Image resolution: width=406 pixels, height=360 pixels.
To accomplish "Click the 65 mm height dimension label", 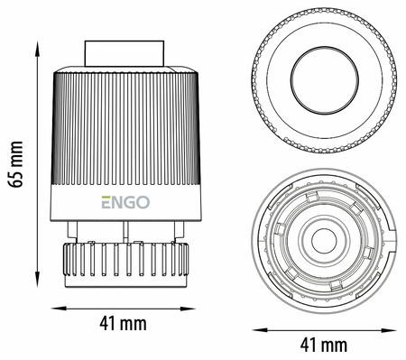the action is click(15, 164).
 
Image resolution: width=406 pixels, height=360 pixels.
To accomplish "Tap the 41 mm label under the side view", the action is click(123, 324).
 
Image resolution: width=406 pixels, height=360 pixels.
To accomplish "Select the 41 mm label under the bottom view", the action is click(324, 345).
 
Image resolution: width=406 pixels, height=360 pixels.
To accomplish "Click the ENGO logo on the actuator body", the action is click(125, 202).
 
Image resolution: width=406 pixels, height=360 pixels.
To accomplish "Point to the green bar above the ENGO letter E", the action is click(106, 197).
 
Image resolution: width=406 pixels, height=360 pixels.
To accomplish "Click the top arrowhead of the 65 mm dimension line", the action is click(38, 49).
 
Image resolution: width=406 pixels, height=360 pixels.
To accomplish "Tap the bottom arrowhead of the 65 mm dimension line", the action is click(38, 279).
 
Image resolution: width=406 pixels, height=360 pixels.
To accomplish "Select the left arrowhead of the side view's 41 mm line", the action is click(59, 309).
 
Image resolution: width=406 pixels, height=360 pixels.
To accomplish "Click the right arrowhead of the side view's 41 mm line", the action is click(188, 309).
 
